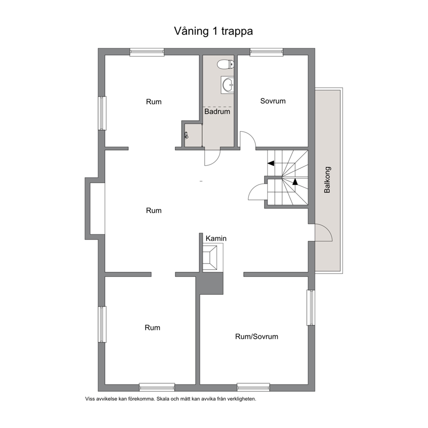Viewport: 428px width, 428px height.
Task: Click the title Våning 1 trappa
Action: pyautogui.click(x=214, y=31)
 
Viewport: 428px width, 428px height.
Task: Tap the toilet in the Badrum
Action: pyautogui.click(x=226, y=65)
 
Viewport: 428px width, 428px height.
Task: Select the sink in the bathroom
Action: pyautogui.click(x=227, y=85)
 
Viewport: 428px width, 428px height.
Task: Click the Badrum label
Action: pyautogui.click(x=217, y=111)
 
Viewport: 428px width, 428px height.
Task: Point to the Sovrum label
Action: pyautogui.click(x=273, y=101)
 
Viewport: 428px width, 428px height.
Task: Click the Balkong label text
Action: pyautogui.click(x=327, y=180)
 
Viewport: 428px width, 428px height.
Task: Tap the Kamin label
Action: pyautogui.click(x=216, y=238)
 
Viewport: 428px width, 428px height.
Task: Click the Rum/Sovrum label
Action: pyautogui.click(x=257, y=337)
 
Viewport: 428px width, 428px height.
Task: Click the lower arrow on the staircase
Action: pyautogui.click(x=295, y=182)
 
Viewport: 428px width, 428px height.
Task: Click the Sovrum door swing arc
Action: pyautogui.click(x=251, y=136)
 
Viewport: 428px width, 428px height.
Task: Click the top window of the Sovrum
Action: pyautogui.click(x=266, y=52)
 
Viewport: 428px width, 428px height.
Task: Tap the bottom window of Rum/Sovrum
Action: pyautogui.click(x=253, y=387)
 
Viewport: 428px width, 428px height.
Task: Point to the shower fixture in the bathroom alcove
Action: pyautogui.click(x=186, y=135)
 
